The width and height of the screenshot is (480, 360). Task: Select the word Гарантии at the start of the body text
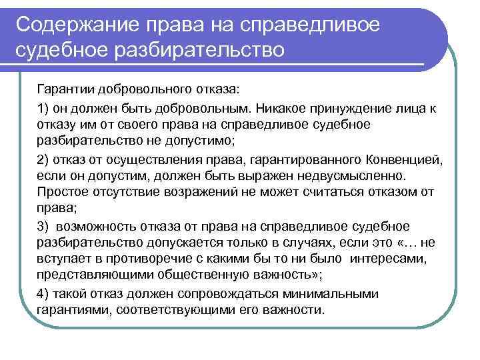tap(65, 89)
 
